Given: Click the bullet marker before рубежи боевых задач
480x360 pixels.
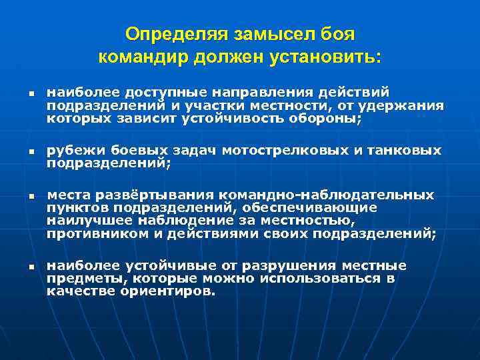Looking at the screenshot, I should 30,153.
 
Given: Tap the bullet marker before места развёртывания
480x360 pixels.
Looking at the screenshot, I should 30,197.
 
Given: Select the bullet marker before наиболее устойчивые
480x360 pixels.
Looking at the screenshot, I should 30,267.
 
